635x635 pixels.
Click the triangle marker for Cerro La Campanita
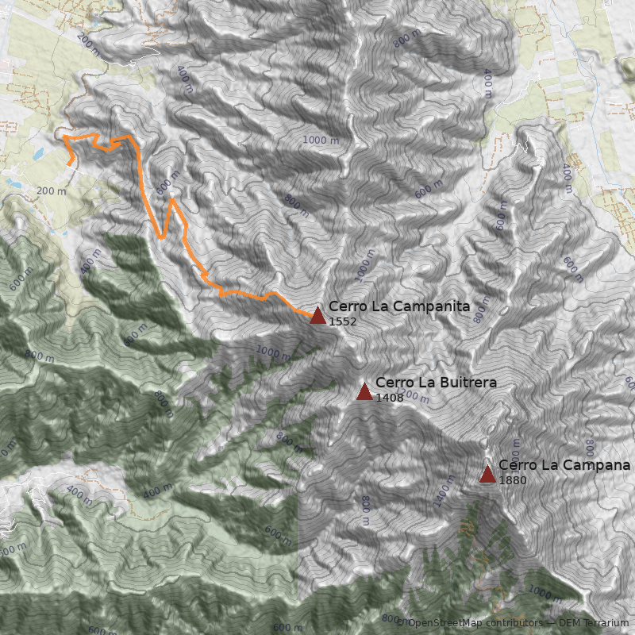317,316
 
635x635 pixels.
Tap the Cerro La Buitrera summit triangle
364,391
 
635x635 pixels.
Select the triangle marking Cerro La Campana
487,475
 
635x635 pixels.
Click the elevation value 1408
390,397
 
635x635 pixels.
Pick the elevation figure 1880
513,479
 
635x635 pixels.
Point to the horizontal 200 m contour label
52,190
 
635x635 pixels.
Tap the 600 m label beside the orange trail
165,184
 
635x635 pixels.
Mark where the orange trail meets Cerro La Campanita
312,315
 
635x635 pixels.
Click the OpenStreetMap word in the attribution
446,623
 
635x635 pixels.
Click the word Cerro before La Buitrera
391,383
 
